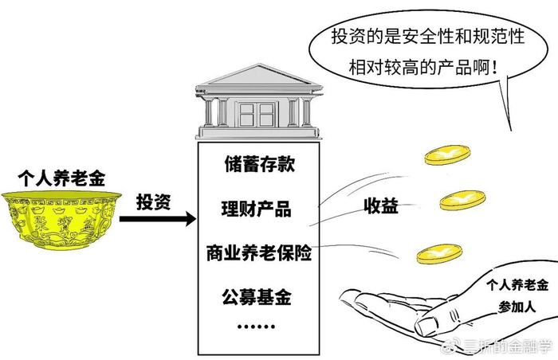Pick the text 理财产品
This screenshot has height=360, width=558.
click(x=257, y=210)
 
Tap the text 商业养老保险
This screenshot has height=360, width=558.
click(x=257, y=255)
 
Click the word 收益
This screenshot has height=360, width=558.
click(x=380, y=207)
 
